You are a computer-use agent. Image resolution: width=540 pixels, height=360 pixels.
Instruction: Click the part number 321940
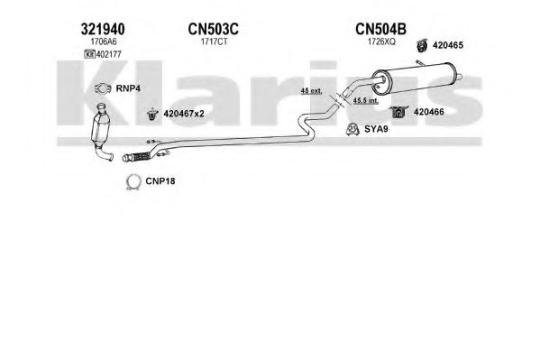(103, 29)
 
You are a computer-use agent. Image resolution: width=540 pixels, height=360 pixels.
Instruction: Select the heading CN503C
(213, 29)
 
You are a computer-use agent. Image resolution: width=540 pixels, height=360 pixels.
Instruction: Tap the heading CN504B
(380, 29)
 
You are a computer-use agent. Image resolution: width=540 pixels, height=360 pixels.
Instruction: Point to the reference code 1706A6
(104, 42)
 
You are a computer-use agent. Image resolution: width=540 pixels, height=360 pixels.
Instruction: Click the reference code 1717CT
(214, 42)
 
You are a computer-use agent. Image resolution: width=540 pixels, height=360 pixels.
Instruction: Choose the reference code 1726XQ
(381, 42)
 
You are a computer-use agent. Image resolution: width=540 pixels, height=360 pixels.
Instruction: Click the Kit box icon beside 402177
(89, 54)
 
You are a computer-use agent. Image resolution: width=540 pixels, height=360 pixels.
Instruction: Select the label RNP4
(128, 88)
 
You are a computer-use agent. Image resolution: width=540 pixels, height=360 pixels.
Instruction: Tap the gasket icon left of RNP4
(103, 88)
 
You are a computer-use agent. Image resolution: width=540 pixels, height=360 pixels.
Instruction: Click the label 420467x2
(184, 114)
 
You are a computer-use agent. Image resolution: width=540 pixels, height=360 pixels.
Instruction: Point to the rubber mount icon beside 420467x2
(151, 114)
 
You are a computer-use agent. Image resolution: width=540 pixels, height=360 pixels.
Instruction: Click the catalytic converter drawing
(102, 132)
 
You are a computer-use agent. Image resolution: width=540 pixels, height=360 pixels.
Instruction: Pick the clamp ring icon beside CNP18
(133, 181)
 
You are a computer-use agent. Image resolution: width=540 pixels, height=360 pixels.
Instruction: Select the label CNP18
(160, 181)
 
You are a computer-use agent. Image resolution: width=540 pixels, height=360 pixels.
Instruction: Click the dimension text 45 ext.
(311, 91)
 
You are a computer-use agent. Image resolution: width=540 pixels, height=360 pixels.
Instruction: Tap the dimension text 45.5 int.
(366, 101)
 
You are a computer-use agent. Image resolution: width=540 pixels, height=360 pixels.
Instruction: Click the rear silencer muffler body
(416, 78)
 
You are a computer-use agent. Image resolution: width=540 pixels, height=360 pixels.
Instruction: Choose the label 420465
(448, 45)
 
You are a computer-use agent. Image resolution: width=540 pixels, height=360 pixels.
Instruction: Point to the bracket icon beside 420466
(398, 112)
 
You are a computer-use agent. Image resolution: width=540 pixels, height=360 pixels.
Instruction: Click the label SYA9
(376, 129)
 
